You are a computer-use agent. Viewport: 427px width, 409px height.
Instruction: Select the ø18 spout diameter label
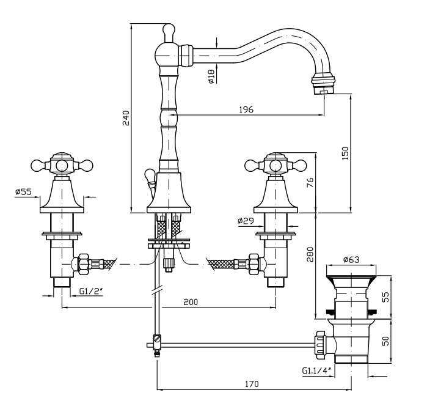point(210,76)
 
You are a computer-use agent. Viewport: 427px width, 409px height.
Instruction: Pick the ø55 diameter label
point(23,191)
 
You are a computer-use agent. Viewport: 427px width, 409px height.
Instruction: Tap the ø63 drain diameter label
point(351,259)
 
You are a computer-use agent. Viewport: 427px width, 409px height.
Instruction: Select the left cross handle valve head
point(62,164)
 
